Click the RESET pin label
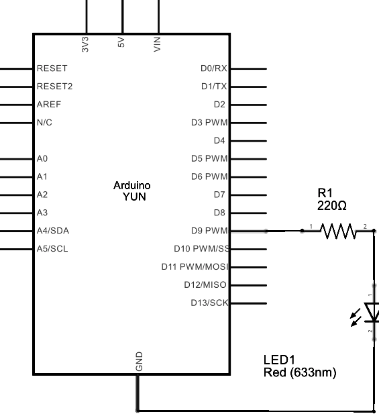coord(52,68)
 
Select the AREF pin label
coord(49,104)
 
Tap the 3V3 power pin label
coord(85,44)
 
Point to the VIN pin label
coord(157,44)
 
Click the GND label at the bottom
coord(139,361)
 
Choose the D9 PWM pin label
coord(209,231)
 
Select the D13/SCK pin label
coord(209,303)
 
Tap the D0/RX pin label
coord(214,68)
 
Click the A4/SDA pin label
coord(53,231)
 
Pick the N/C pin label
coord(44,122)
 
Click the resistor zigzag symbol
coord(338,231)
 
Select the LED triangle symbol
coord(372,312)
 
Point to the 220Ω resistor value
coord(332,205)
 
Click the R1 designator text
coord(325,193)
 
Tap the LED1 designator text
coord(279,360)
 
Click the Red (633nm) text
coord(300,372)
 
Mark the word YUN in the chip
coord(134,197)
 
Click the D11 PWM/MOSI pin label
coord(195,267)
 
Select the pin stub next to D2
coord(248,105)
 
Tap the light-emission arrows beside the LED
coord(356,317)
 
